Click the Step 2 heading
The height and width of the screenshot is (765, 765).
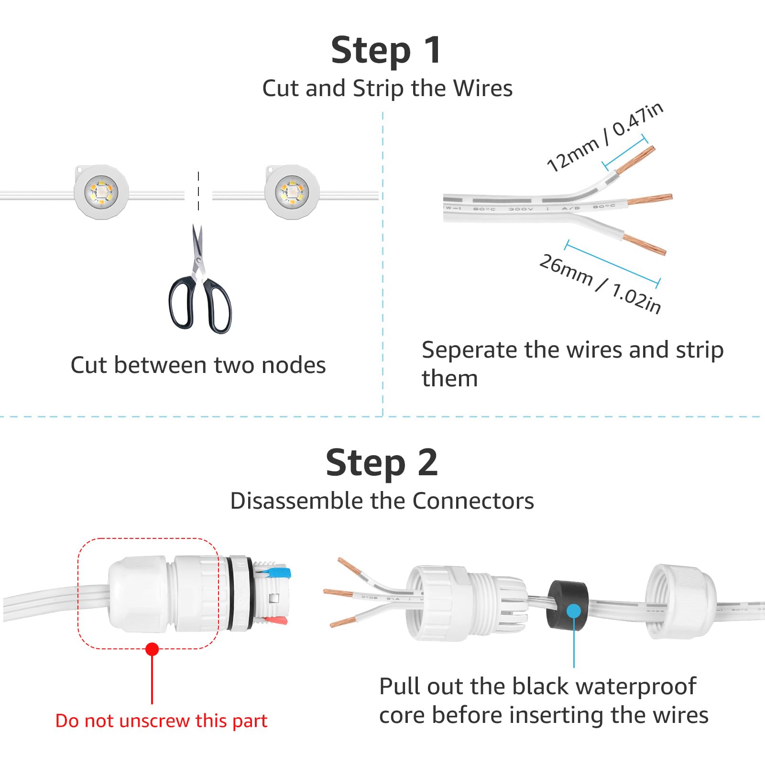[382, 462]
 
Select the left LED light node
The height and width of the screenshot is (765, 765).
[101, 192]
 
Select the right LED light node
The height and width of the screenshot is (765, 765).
[292, 192]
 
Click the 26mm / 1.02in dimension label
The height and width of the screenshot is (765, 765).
[600, 284]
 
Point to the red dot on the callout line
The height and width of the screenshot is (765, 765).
[152, 649]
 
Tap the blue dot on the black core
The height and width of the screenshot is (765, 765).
[573, 611]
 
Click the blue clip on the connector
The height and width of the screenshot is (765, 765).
[279, 572]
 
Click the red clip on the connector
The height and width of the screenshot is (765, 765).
[277, 621]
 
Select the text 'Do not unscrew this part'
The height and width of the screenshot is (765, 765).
[161, 721]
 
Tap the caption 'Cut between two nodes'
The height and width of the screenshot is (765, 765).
[198, 365]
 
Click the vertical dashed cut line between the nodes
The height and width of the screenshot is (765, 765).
[198, 191]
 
